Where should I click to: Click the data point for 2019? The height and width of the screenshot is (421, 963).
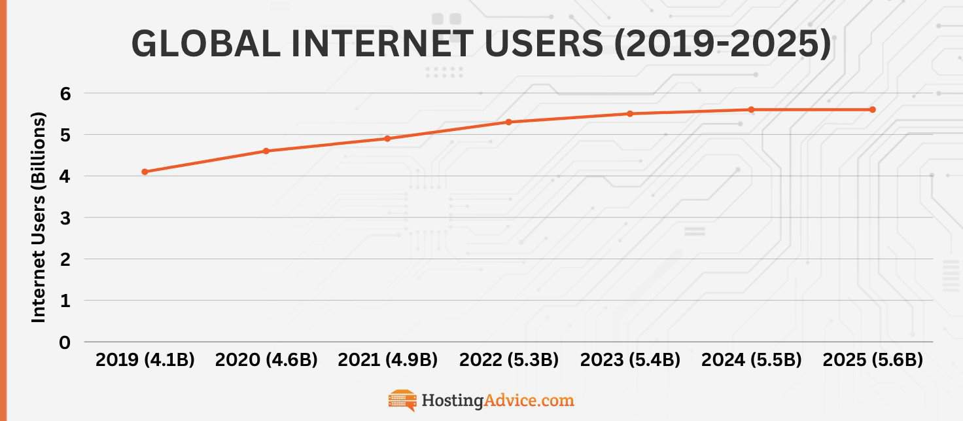[145, 172]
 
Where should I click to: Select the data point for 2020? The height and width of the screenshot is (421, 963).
[266, 151]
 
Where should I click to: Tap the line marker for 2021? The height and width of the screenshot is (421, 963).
[387, 138]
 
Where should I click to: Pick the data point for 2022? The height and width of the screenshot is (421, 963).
[508, 122]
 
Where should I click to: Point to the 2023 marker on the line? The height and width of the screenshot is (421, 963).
[630, 113]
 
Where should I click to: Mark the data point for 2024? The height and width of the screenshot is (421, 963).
[751, 109]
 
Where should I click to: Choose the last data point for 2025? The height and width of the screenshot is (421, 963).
[872, 109]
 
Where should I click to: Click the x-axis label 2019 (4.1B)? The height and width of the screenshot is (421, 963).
[145, 360]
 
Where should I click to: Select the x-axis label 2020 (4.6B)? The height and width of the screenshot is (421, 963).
[266, 360]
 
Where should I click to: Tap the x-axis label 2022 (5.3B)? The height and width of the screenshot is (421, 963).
[509, 360]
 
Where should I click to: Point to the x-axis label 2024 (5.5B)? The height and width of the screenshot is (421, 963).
[751, 360]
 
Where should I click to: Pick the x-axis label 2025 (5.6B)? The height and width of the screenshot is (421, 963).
[873, 360]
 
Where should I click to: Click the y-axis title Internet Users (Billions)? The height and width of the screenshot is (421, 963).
[39, 217]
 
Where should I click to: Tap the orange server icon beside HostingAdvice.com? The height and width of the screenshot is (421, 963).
[402, 400]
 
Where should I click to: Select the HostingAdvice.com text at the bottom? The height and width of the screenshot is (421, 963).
[497, 400]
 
